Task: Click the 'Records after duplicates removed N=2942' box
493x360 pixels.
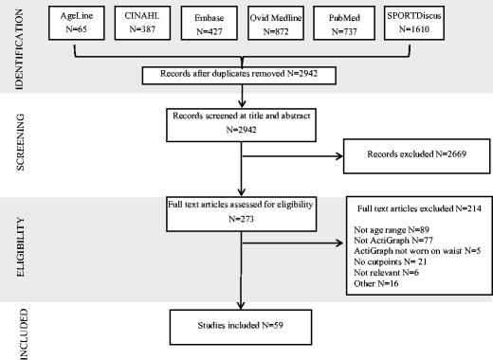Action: pos(242,75)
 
